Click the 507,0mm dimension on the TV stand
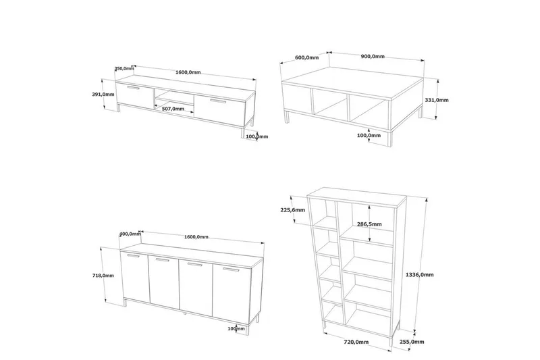173,109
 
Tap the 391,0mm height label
103,95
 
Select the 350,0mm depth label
124,68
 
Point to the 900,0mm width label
373,57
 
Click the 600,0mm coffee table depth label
307,57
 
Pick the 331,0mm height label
437,100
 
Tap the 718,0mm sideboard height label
103,276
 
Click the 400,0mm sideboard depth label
130,234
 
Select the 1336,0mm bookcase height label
419,275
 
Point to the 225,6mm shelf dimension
293,210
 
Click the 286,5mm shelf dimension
369,224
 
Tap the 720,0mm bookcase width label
356,342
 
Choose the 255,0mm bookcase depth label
412,342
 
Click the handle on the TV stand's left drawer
133,88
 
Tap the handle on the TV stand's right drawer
217,101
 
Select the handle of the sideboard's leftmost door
133,255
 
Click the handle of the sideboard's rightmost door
231,269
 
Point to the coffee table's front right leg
390,139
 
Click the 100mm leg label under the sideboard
236,329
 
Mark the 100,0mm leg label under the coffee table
369,135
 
